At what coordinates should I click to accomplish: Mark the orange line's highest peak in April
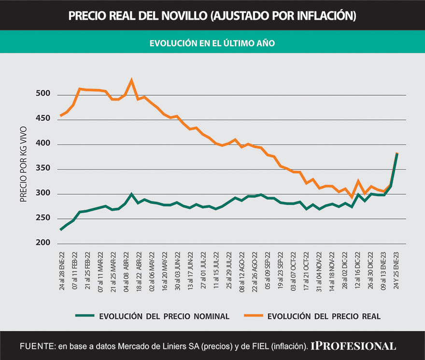tap(132, 80)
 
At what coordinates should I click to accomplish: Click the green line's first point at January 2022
tap(61, 230)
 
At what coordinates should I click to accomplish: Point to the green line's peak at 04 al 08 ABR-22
tap(132, 194)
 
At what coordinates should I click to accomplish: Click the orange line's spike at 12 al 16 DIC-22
tap(358, 181)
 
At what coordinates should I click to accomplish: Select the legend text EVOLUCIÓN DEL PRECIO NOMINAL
tap(164, 317)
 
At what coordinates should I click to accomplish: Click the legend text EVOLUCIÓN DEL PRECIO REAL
tap(325, 317)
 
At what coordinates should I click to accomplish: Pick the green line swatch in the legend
tap(85, 316)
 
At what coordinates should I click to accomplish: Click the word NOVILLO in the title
tap(179, 15)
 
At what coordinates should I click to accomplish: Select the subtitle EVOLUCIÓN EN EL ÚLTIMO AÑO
tap(212, 43)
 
